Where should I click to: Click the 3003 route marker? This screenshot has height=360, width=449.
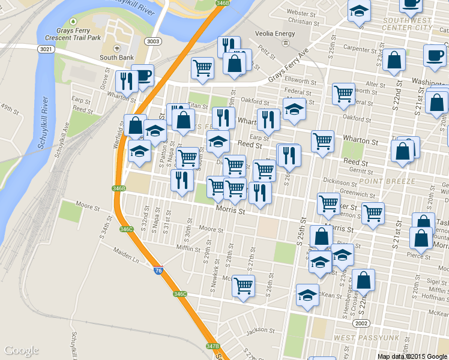click(152, 41)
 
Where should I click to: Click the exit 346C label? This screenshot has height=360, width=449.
click(126, 229)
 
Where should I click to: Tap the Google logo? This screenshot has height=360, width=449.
click(21, 350)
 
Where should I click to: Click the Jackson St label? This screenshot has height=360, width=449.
click(260, 329)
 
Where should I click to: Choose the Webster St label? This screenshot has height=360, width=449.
click(301, 12)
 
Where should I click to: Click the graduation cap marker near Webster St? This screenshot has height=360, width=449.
click(360, 11)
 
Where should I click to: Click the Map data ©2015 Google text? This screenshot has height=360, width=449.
click(412, 356)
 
